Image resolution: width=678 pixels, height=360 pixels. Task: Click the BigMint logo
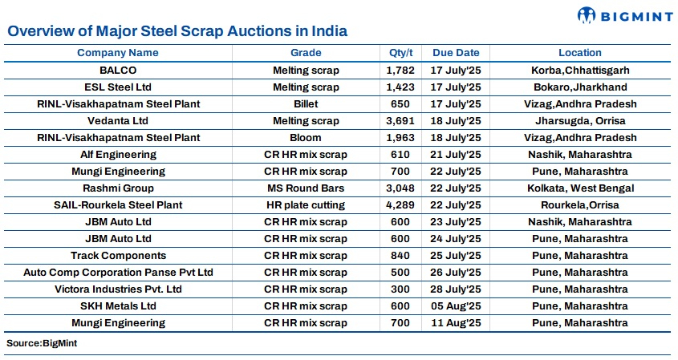coord(623,14)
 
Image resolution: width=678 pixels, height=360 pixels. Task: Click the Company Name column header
coord(118,53)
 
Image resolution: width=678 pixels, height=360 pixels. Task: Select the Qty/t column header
coord(399,53)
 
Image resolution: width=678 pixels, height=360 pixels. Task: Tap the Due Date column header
coord(456,53)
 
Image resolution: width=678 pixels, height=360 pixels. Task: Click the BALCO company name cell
coord(118,71)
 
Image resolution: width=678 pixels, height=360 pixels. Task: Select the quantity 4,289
coord(399,205)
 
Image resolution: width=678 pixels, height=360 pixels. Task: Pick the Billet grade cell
coord(306,104)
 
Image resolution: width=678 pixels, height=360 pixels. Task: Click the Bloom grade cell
coord(306,138)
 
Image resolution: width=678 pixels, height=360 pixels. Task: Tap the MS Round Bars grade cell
coord(306,188)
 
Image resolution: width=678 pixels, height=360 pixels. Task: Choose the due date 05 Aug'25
coord(456,306)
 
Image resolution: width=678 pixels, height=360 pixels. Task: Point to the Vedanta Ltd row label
coord(118,121)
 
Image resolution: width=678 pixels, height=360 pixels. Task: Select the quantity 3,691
coord(399,121)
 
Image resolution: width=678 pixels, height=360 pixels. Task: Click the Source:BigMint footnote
coord(42,343)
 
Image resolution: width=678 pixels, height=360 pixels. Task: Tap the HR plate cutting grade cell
coord(306,205)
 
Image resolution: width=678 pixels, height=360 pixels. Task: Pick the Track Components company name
coord(118,256)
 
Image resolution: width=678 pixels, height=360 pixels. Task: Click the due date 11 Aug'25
coord(456,323)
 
